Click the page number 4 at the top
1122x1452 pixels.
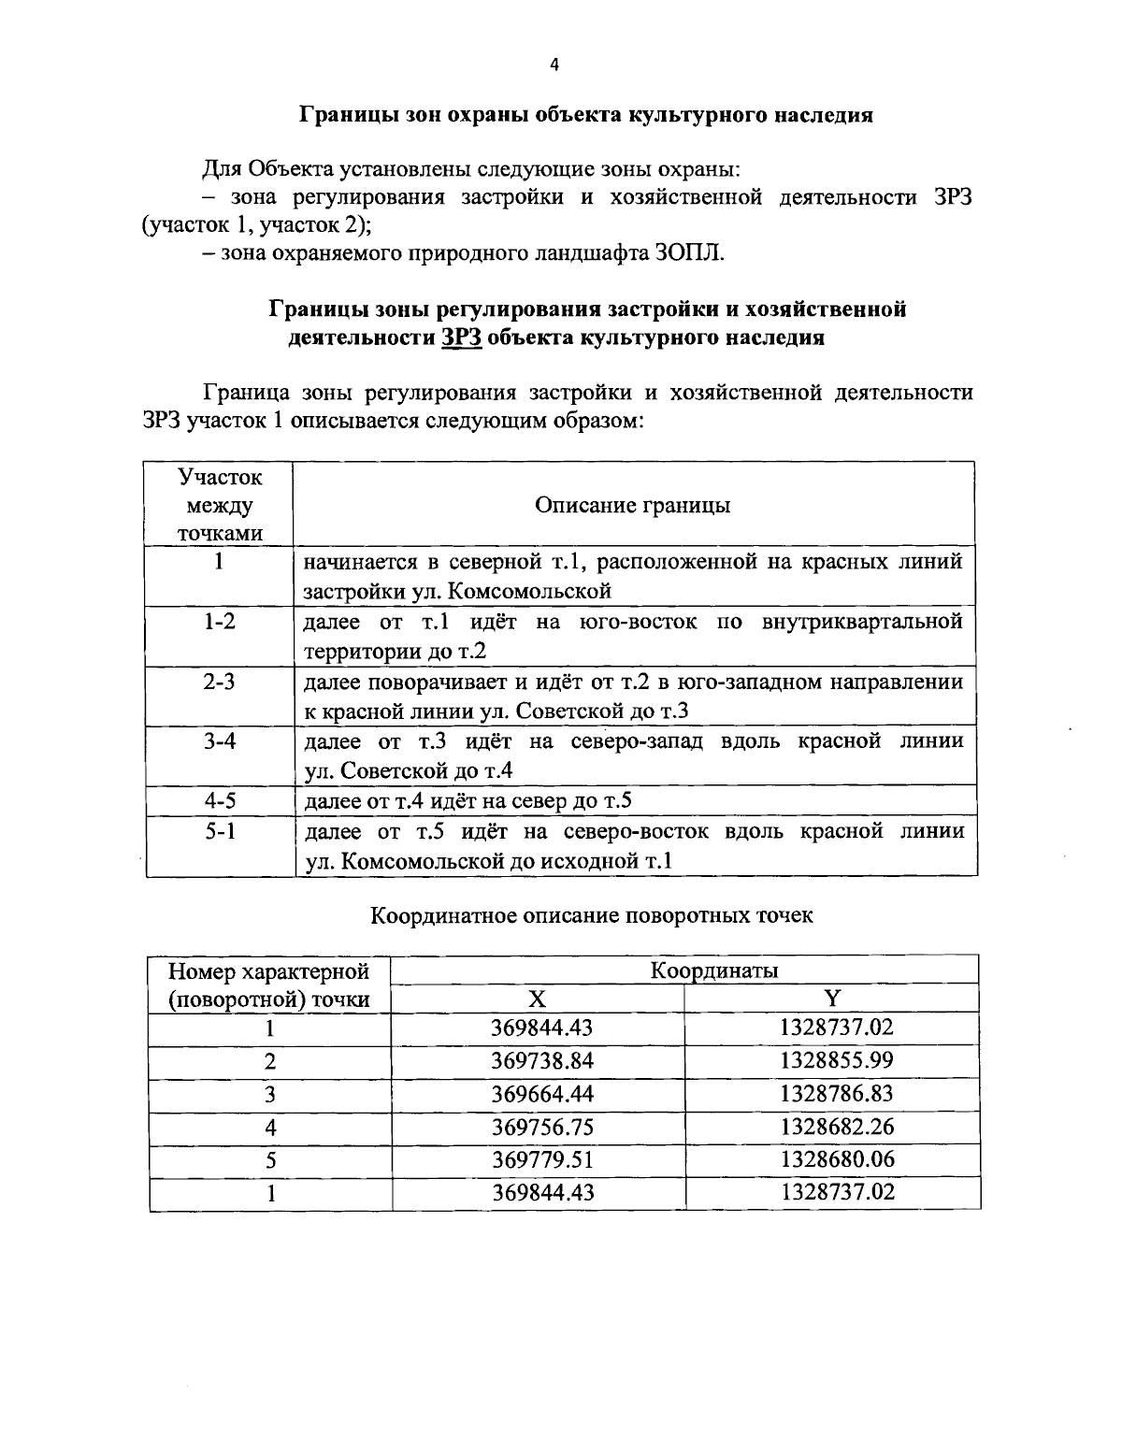pyautogui.click(x=554, y=65)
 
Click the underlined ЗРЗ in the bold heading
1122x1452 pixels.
pyautogui.click(x=462, y=338)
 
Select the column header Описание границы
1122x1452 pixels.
pyautogui.click(x=633, y=505)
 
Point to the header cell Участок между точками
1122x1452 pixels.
pyautogui.click(x=220, y=505)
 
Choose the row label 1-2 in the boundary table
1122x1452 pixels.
pyautogui.click(x=220, y=622)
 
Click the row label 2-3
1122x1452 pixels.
pyautogui.click(x=220, y=682)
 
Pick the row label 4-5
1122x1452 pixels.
pyautogui.click(x=220, y=801)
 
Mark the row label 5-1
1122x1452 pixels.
pyautogui.click(x=220, y=831)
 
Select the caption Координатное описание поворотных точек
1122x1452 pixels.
pyautogui.click(x=592, y=915)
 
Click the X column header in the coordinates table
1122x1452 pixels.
pyautogui.click(x=538, y=999)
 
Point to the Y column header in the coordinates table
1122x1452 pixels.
pyautogui.click(x=832, y=999)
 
